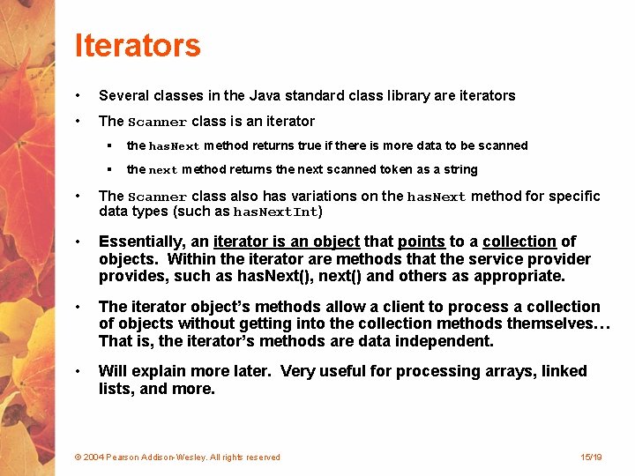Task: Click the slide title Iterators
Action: (138, 45)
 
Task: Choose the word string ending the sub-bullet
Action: (460, 169)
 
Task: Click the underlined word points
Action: (422, 242)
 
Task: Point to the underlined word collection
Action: (519, 242)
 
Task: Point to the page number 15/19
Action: (591, 457)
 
